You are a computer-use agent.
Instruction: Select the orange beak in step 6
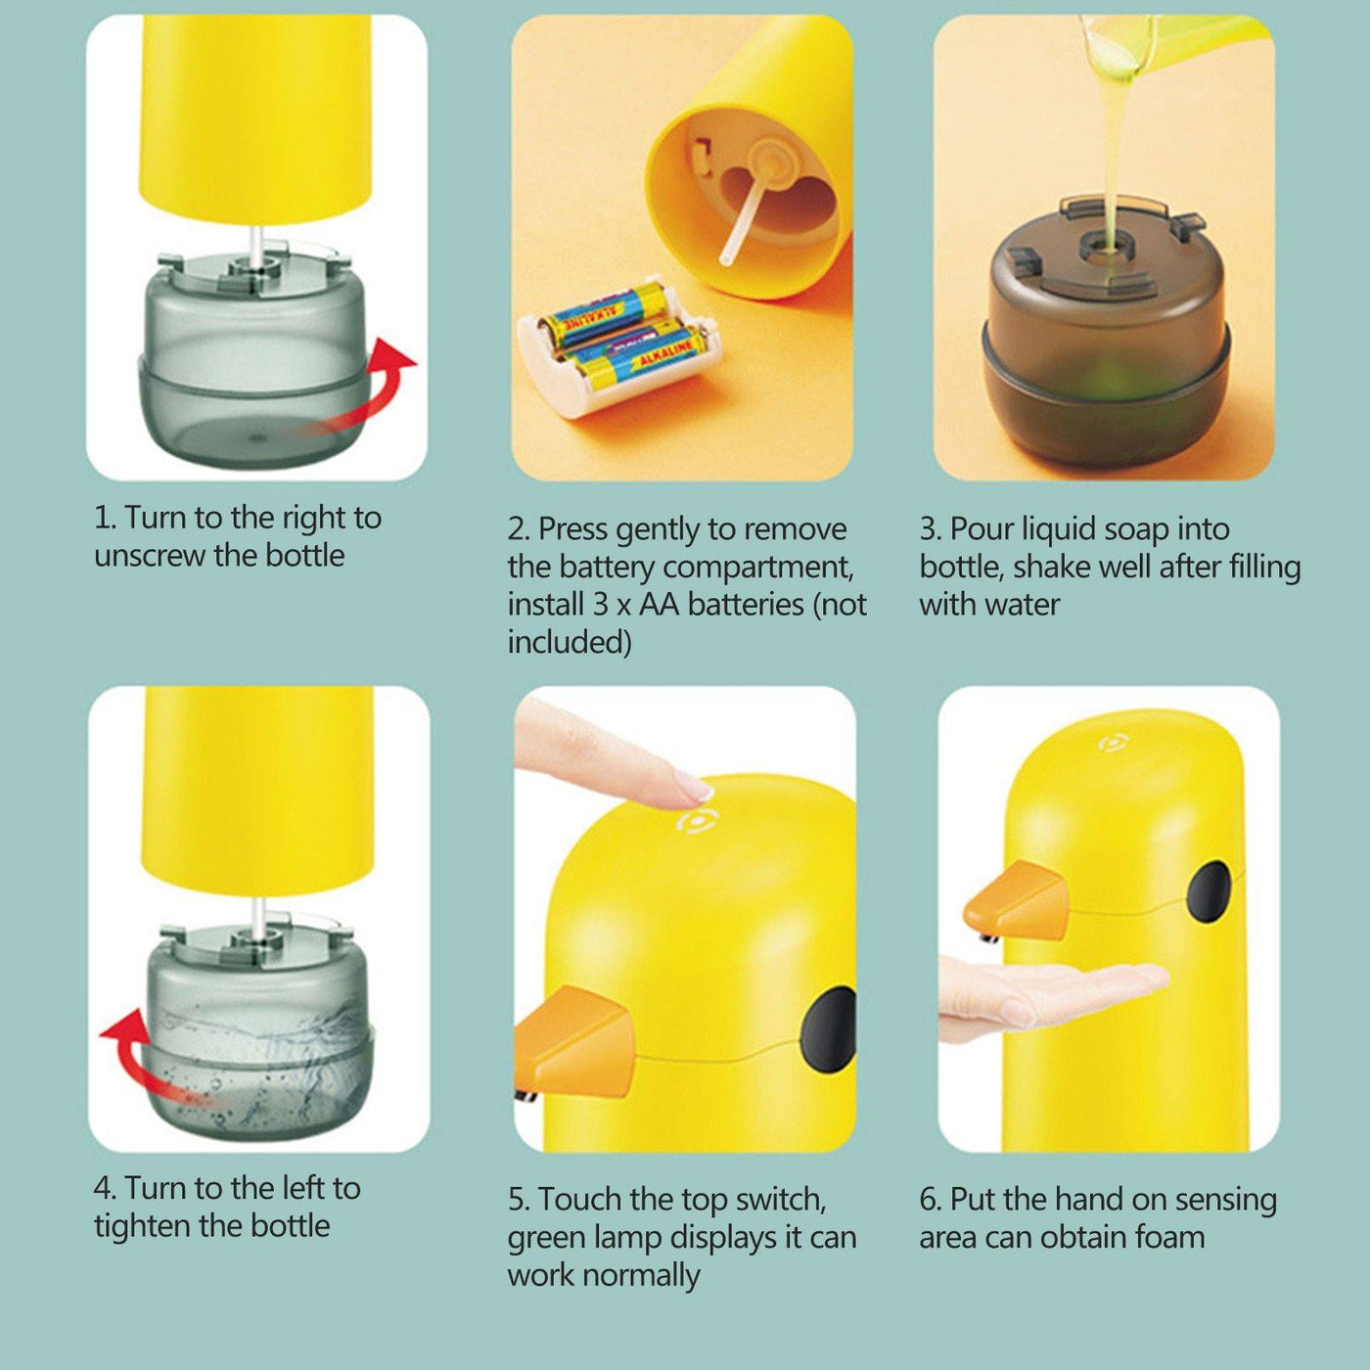click(x=1018, y=900)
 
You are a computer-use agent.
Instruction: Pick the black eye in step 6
click(x=1210, y=892)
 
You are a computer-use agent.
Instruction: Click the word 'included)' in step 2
click(x=569, y=643)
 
